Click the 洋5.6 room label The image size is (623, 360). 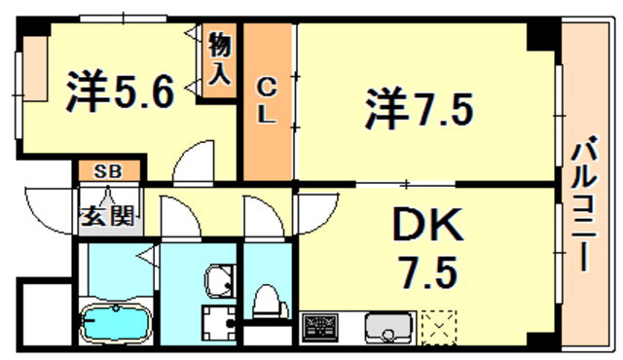pyautogui.click(x=121, y=91)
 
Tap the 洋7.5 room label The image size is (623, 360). pyautogui.click(x=420, y=108)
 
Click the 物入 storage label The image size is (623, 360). pyautogui.click(x=219, y=58)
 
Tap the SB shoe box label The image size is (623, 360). pyautogui.click(x=108, y=171)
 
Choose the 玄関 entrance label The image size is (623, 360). pyautogui.click(x=107, y=216)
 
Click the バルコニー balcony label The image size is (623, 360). pyautogui.click(x=584, y=203)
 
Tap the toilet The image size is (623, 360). pyautogui.click(x=271, y=302)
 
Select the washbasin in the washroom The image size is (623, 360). pyautogui.click(x=219, y=280)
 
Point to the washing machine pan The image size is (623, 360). pyautogui.click(x=219, y=323)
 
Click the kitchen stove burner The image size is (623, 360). pyautogui.click(x=320, y=328)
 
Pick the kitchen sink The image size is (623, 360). pyautogui.click(x=388, y=328)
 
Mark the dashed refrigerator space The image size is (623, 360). pyautogui.click(x=439, y=328)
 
